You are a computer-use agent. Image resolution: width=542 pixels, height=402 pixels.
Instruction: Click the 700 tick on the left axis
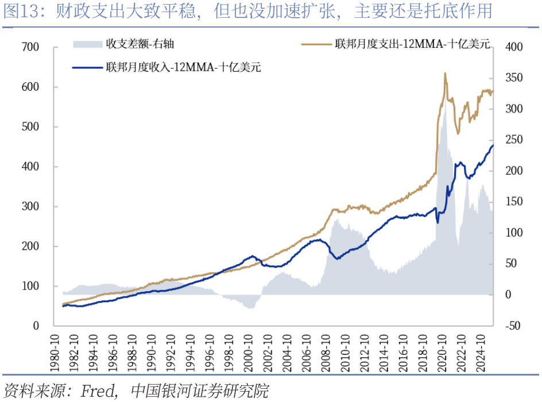click(x=30, y=47)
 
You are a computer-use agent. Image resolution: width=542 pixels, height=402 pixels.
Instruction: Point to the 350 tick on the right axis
click(x=514, y=78)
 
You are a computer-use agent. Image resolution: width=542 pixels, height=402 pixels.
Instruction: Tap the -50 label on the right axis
click(x=513, y=326)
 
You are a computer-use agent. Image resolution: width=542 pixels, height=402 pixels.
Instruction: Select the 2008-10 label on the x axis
click(x=326, y=353)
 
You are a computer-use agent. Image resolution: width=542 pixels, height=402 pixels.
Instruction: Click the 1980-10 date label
click(x=55, y=353)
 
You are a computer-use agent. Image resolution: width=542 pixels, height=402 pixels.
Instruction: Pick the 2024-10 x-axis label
click(x=480, y=353)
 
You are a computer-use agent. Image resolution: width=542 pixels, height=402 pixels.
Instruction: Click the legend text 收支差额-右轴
click(x=140, y=44)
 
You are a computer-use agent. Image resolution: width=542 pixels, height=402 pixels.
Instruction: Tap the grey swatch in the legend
click(x=87, y=44)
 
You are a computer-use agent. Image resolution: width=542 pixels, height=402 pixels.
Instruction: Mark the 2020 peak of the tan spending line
click(x=445, y=74)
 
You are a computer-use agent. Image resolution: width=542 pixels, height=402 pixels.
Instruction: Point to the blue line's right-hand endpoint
click(x=493, y=145)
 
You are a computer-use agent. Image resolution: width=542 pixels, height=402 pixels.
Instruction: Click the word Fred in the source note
click(x=98, y=391)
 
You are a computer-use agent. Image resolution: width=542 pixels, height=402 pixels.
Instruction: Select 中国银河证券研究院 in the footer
click(x=199, y=391)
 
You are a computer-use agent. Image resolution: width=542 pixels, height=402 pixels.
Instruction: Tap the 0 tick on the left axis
click(x=36, y=326)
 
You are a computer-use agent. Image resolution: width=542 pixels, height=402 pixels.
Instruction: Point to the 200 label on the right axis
click(x=514, y=171)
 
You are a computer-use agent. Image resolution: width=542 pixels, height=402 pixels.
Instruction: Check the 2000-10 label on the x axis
click(x=248, y=353)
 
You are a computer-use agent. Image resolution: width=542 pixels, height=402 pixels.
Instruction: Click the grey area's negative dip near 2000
click(x=251, y=307)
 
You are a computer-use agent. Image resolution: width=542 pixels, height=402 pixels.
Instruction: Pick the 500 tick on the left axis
click(x=30, y=126)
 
